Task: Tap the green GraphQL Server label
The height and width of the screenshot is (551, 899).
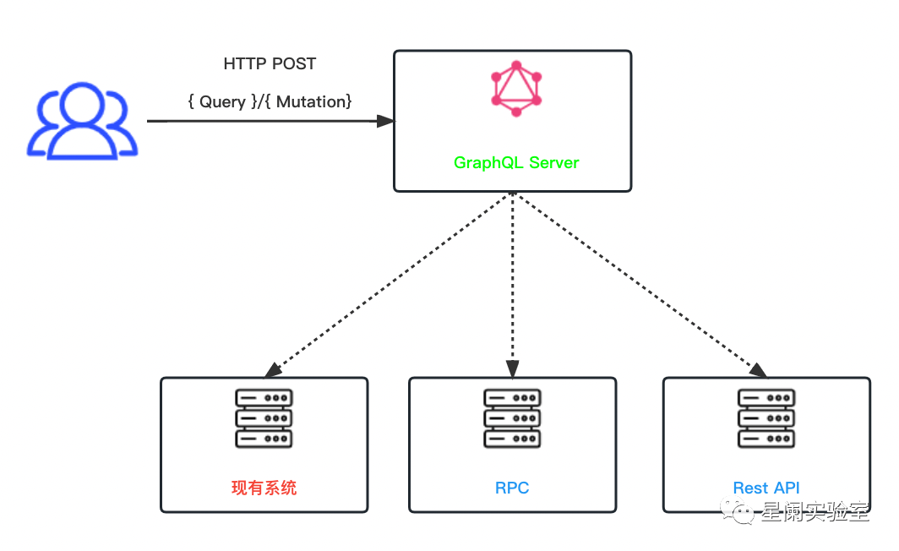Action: point(516,162)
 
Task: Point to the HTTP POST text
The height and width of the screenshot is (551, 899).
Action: point(270,64)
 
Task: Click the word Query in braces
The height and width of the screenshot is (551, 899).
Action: point(222,102)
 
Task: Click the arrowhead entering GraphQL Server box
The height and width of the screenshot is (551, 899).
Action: point(385,121)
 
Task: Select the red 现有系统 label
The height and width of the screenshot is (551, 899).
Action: point(264,488)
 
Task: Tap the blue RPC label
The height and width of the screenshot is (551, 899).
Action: point(512,488)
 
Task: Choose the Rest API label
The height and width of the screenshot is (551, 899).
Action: point(766,488)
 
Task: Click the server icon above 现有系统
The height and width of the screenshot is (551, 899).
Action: point(264,417)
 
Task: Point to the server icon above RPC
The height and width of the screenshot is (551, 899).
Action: point(512,417)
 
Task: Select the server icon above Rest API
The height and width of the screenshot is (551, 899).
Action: point(766,417)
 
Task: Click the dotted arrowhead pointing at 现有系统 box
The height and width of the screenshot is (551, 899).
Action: point(272,370)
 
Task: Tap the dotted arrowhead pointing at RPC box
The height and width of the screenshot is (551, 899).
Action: point(512,369)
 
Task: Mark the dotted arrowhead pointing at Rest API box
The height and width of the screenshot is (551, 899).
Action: point(758,369)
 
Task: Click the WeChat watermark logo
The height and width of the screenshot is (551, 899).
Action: point(744,510)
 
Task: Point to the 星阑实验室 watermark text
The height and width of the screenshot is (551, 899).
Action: point(815,511)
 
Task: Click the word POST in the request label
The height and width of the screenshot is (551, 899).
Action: point(293,64)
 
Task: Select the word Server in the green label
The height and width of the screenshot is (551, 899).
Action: point(553,162)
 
